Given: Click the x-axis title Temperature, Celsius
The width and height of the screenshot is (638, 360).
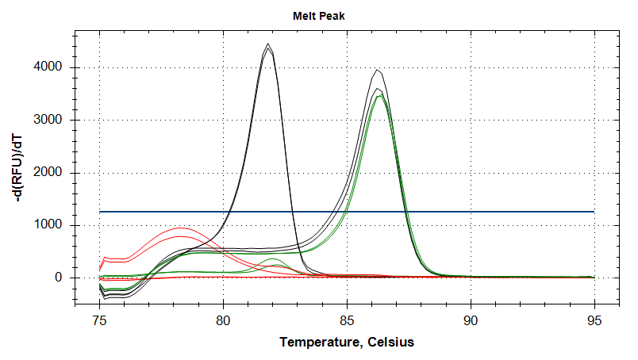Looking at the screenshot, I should pos(347,343).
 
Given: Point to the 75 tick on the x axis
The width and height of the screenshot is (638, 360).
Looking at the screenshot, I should pos(100,320).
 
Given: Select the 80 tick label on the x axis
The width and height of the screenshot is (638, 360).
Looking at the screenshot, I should pos(224,320).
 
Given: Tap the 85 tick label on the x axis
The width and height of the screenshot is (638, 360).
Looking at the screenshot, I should pos(348,320).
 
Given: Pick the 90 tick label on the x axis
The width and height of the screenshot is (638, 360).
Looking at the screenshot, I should pos(471,320).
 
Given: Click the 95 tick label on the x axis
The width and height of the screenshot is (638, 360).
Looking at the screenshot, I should pos(594,320).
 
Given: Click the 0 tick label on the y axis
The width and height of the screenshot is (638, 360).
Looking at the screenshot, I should pos(59,278).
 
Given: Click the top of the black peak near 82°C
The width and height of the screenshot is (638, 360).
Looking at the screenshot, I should pos(268,44).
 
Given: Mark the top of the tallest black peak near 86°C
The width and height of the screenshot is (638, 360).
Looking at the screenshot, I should pos(379,71).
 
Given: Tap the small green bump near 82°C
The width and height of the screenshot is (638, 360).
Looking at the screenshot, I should pos(272,259).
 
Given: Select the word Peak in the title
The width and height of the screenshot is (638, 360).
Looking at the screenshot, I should pos(332,15).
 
